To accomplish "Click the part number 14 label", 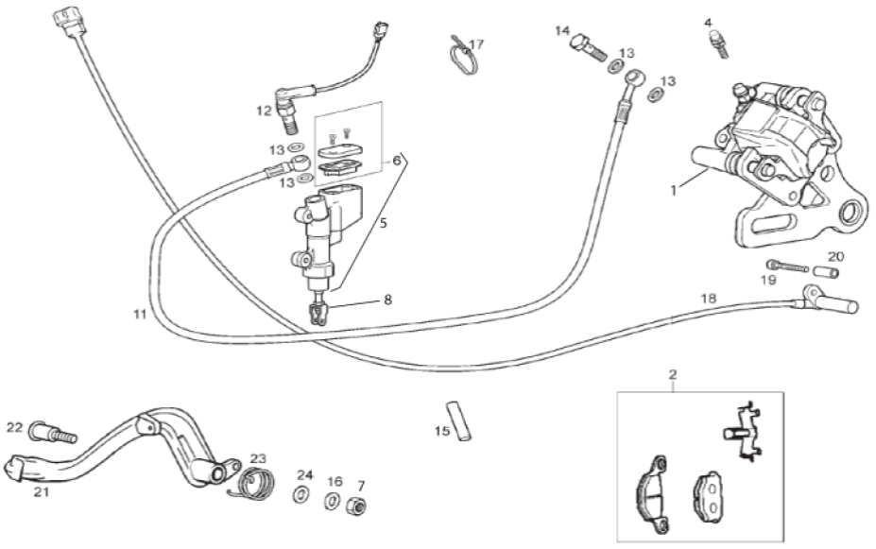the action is (561, 31).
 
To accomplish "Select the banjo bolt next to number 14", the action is (588, 48).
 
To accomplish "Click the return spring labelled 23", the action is (254, 483).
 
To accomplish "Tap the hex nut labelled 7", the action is (355, 506).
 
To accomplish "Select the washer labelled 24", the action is (302, 494).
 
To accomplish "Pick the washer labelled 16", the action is (332, 501).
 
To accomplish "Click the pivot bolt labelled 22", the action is (54, 431).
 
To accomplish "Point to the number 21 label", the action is (42, 492).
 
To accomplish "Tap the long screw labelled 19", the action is (788, 266).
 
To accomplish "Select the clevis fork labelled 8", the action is (318, 313).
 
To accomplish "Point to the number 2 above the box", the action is (673, 373).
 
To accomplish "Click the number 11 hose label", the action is (140, 315).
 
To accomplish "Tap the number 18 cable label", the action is (708, 299).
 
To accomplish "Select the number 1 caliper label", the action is (673, 191).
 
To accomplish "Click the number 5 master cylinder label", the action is (383, 223).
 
